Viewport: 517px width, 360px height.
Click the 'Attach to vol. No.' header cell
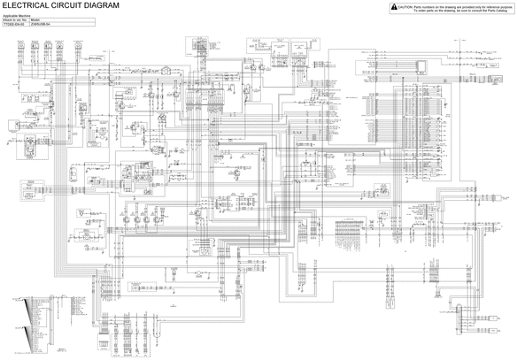pos(15,21)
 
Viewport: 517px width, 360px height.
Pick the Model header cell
pos(35,21)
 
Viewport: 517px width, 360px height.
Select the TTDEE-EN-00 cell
pos(14,26)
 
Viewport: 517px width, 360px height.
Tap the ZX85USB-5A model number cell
pos(41,26)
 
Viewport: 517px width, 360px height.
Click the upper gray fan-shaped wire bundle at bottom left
pos(35,309)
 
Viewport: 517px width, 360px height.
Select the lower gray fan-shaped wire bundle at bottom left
pos(35,336)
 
